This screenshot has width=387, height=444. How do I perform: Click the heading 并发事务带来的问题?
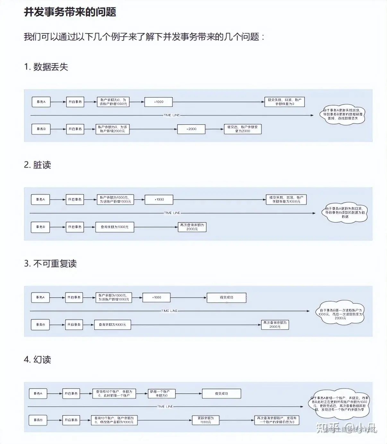[x=70, y=12]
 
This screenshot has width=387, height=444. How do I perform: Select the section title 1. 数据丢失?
[x=46, y=67]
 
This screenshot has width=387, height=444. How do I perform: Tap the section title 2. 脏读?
[x=37, y=165]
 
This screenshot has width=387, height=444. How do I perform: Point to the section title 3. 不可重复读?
[x=50, y=264]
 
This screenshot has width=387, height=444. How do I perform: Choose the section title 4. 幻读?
[x=37, y=360]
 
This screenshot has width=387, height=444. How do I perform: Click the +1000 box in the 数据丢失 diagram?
[x=159, y=102]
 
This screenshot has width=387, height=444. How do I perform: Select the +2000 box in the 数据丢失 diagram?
[x=191, y=129]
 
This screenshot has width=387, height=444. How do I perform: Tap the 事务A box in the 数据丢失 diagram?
[x=41, y=102]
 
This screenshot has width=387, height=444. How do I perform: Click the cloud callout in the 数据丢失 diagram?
[x=343, y=114]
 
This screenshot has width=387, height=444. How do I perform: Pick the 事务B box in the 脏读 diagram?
[x=40, y=227]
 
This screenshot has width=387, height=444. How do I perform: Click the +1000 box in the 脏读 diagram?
[x=159, y=199]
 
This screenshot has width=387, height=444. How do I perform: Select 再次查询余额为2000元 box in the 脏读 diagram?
[x=192, y=227]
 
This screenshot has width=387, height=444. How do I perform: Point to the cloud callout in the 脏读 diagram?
[x=345, y=212]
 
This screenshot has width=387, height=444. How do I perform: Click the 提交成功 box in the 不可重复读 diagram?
[x=227, y=298]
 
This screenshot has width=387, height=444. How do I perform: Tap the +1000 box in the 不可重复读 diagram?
[x=156, y=298]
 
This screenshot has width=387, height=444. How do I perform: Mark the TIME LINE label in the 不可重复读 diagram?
[x=169, y=311]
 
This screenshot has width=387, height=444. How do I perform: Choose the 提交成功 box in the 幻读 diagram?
[x=221, y=393]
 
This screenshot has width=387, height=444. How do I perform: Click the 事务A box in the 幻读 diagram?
[x=38, y=393]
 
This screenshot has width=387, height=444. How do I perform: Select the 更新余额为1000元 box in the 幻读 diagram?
[x=205, y=420]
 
